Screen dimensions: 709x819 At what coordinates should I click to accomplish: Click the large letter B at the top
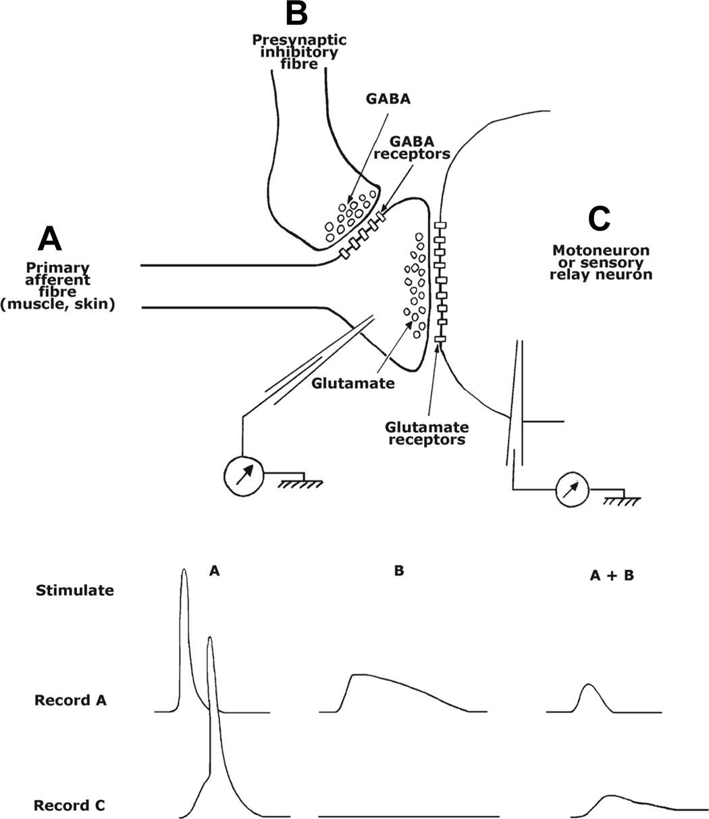[296, 14]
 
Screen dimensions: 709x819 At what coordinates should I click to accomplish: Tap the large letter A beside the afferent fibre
[50, 239]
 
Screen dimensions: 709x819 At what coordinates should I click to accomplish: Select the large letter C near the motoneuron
[599, 219]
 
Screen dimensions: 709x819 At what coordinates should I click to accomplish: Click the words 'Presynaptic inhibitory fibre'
[299, 52]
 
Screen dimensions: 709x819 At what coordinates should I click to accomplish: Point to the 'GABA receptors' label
[412, 147]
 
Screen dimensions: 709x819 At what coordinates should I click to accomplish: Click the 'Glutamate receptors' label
[427, 433]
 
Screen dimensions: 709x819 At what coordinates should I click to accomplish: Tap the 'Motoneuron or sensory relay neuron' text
[601, 262]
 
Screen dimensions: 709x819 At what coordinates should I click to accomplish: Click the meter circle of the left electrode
[244, 476]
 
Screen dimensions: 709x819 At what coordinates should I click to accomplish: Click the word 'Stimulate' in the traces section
[75, 591]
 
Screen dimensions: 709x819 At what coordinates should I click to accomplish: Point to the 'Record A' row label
[70, 700]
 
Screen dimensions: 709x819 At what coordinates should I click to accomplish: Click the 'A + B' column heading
[612, 575]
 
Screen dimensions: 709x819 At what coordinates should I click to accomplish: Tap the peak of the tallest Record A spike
[184, 570]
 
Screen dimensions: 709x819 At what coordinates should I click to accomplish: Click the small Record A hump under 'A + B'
[589, 696]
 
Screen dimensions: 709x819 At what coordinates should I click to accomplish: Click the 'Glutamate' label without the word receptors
[352, 383]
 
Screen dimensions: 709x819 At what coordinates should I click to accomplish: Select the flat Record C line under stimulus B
[409, 816]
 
